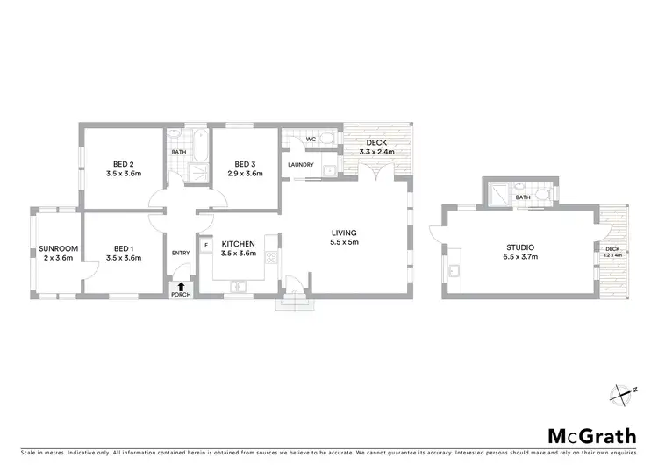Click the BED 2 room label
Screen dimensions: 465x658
(124, 164)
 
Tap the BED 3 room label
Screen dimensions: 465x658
(245, 164)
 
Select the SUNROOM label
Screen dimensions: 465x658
(58, 248)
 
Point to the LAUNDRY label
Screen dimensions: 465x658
(302, 164)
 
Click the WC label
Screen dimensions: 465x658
(311, 139)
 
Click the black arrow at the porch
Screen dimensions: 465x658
(181, 285)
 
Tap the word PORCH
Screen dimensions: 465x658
(181, 295)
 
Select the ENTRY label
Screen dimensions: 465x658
(181, 254)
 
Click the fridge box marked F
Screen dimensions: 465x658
(205, 244)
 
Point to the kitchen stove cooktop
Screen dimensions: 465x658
(272, 259)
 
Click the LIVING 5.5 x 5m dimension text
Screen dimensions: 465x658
(343, 242)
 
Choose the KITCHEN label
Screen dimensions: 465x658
(238, 243)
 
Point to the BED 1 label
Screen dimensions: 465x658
(124, 248)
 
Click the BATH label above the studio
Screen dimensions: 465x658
(523, 198)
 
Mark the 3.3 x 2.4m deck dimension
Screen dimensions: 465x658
(376, 152)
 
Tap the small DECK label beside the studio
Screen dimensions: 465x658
(612, 249)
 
